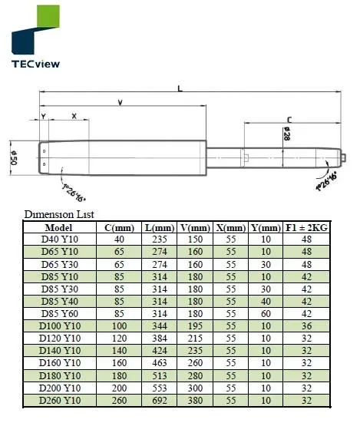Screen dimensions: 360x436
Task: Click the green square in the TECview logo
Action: (48, 16)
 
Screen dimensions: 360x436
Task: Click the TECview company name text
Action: (35, 64)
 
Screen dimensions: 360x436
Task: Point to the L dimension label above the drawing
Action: (180, 88)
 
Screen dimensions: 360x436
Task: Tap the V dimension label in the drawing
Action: (120, 103)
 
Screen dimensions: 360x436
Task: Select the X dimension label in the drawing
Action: (74, 116)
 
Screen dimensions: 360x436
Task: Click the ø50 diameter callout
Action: (14, 157)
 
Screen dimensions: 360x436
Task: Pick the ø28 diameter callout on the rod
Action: (286, 134)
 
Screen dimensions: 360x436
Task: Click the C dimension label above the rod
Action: (289, 120)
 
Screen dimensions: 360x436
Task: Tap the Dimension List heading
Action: (59, 214)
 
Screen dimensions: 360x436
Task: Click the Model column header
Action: (58, 228)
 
